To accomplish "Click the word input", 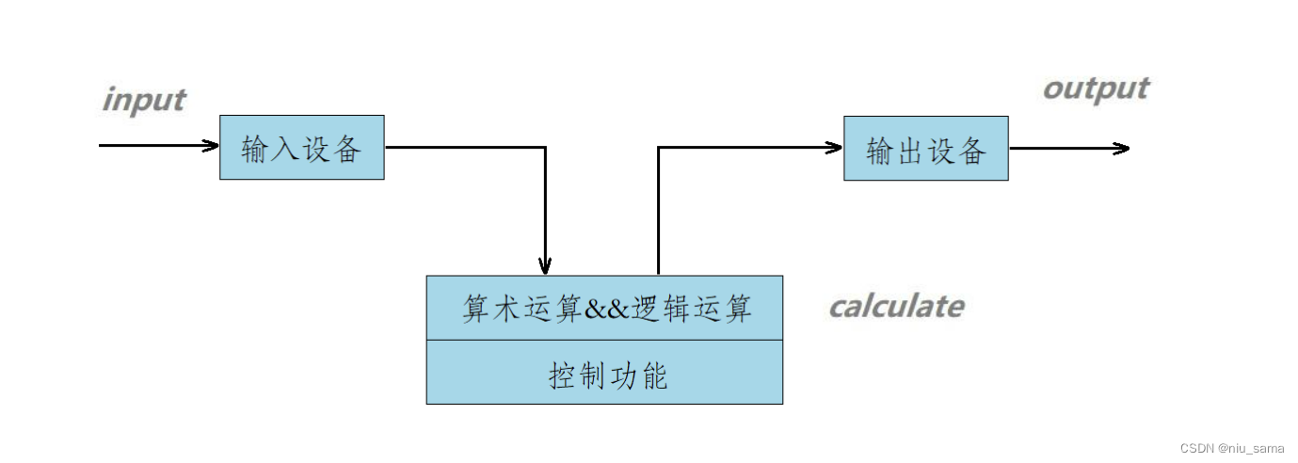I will click(x=143, y=100).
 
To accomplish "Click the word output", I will click(x=1096, y=88).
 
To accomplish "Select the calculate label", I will click(x=895, y=306).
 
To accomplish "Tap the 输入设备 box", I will click(x=301, y=148).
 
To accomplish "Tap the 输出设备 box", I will click(x=925, y=149).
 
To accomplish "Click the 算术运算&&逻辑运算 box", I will click(x=604, y=308).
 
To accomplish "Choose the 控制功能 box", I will click(x=604, y=373).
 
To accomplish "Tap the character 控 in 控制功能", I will click(x=562, y=375).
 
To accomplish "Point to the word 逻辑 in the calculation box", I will click(x=661, y=309).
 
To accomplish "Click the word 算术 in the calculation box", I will click(x=491, y=309).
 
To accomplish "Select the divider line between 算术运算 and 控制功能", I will click(x=604, y=340).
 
